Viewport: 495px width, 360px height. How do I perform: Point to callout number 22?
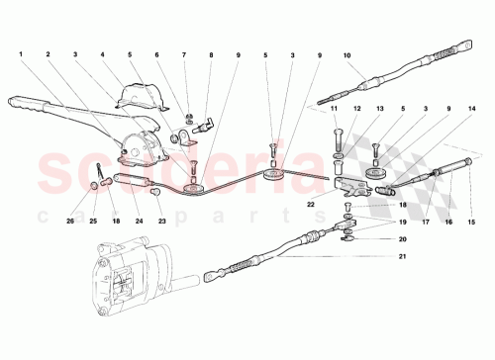click(311, 203)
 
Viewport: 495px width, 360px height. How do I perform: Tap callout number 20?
click(375, 239)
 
